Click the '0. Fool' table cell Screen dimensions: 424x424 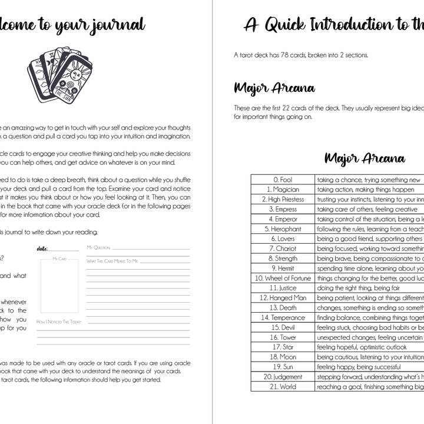coord(283,180)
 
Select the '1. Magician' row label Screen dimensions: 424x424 coord(283,190)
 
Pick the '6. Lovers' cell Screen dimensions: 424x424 coord(283,238)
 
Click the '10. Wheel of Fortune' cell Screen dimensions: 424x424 coord(283,278)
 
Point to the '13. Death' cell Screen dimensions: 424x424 coord(283,307)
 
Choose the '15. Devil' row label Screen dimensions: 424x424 coord(283,327)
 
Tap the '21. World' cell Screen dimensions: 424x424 coord(283,386)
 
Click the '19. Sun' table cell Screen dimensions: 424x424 coord(283,367)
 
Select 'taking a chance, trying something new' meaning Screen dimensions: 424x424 coord(369,180)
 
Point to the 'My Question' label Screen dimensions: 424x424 coord(98,248)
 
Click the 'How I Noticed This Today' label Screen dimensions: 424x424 coord(59,322)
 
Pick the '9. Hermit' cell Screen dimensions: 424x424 coord(283,268)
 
